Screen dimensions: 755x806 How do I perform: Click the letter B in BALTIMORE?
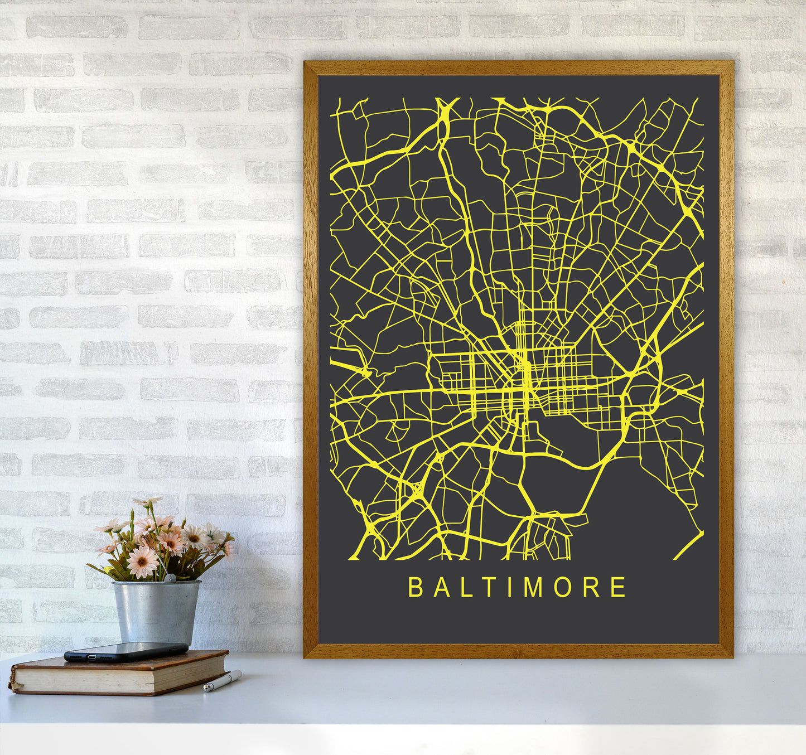[x=416, y=587]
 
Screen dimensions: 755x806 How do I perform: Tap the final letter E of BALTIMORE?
[x=618, y=587]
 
